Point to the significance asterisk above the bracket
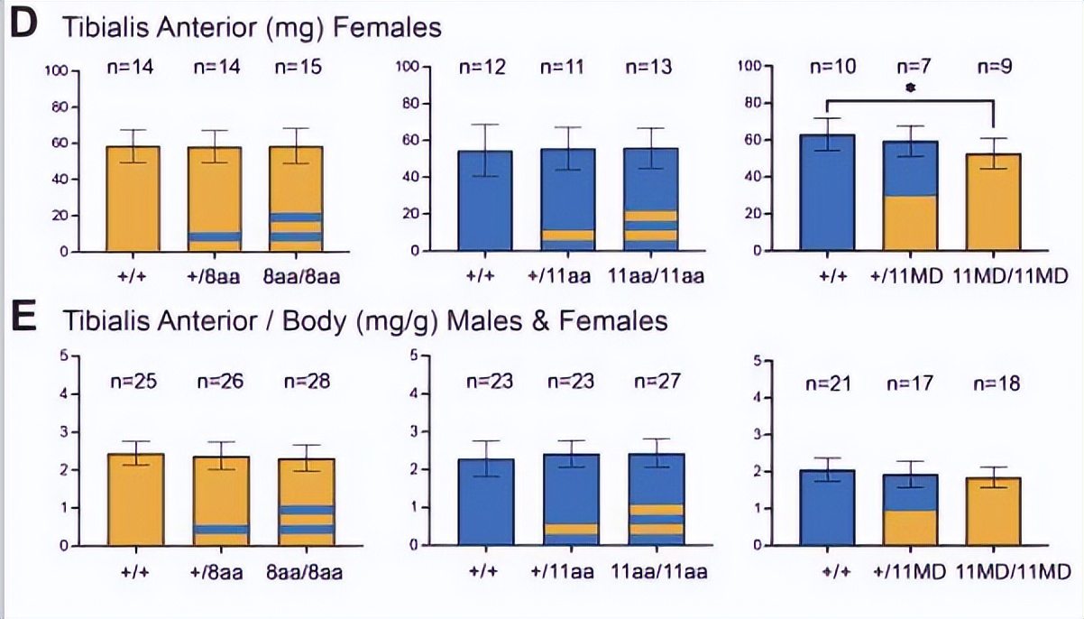click(x=909, y=88)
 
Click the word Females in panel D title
click(x=388, y=28)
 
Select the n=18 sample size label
click(x=997, y=385)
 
